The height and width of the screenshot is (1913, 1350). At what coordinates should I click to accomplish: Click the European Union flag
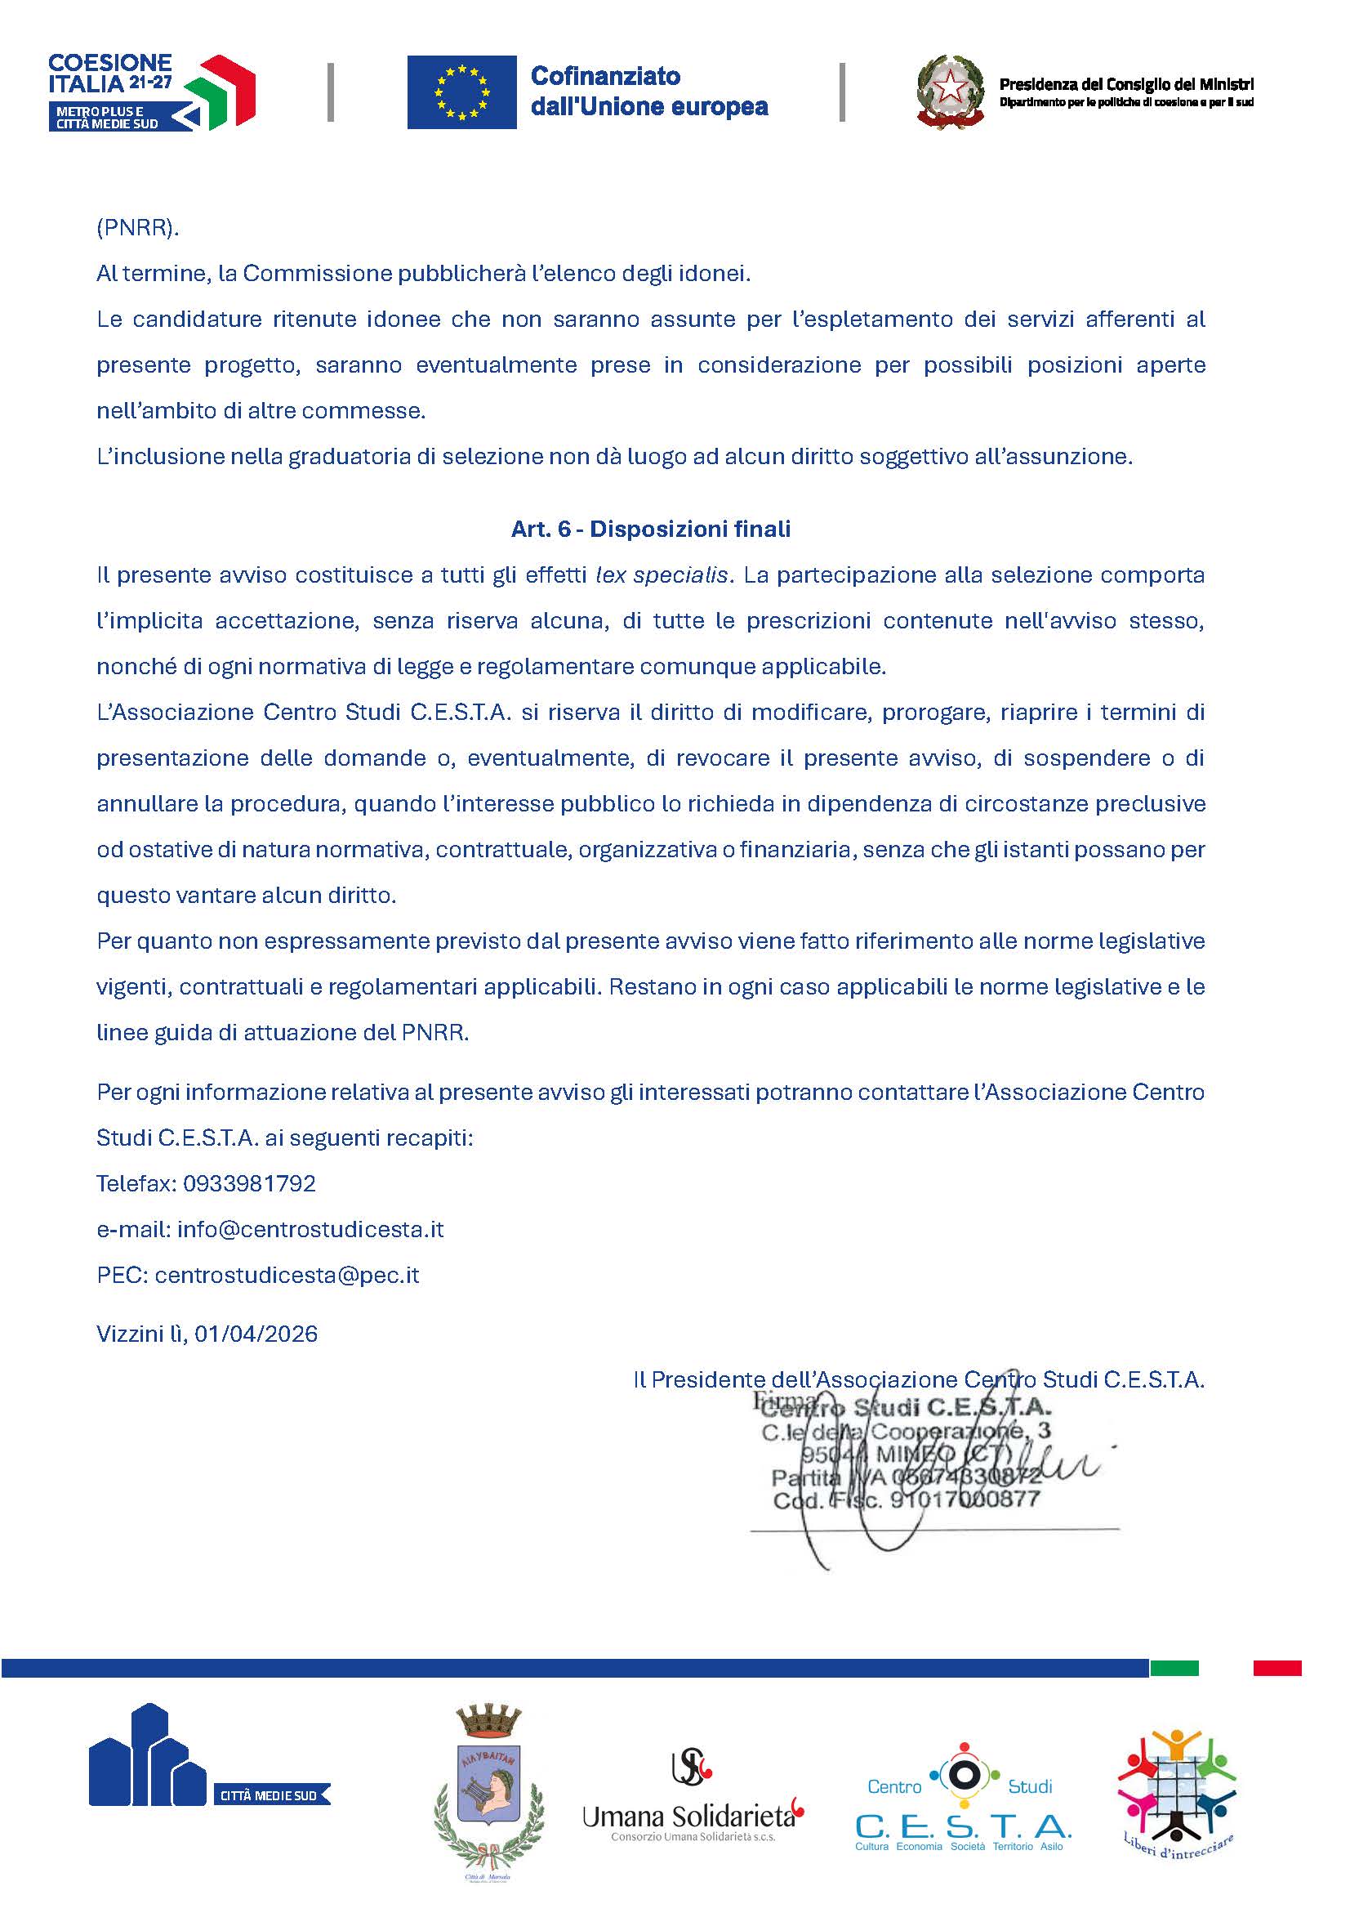click(461, 92)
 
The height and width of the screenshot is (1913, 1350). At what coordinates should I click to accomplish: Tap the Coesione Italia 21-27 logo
click(151, 92)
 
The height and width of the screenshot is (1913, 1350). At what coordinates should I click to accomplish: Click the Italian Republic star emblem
click(950, 92)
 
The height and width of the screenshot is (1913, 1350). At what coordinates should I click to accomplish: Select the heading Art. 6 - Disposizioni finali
click(650, 529)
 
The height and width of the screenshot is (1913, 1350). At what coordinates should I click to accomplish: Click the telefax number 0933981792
click(249, 1184)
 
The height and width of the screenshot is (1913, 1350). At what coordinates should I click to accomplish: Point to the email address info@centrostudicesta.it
click(310, 1230)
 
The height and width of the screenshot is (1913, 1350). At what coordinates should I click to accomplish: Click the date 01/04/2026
click(256, 1334)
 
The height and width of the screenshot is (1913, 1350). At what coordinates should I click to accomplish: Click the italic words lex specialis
click(662, 575)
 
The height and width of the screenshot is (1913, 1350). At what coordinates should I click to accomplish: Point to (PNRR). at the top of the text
click(138, 228)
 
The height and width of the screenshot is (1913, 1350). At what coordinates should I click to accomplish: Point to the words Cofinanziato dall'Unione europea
click(648, 92)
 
